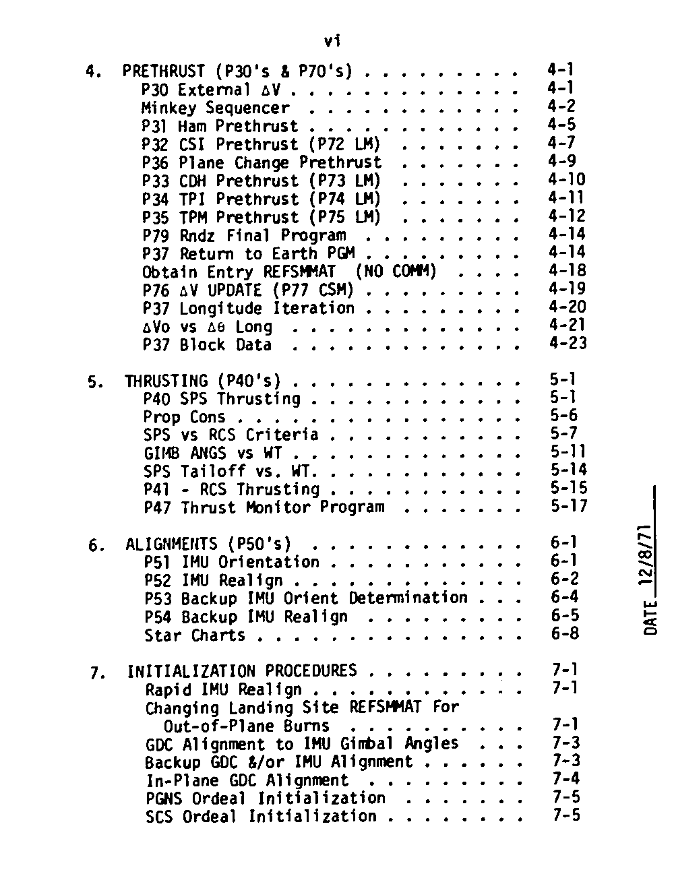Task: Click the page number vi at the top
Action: coord(332,42)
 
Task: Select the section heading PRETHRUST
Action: coord(163,71)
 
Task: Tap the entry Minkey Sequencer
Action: coord(215,108)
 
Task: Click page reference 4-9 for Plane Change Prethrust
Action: coord(562,162)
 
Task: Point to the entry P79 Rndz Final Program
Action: coord(244,235)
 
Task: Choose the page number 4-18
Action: coord(567,271)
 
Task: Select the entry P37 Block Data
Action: coord(207,345)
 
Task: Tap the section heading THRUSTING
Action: coord(166,381)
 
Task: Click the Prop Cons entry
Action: coord(184,417)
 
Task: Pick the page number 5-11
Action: coord(568,451)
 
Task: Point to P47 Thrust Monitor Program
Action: coord(264,507)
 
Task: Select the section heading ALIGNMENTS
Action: coord(171,544)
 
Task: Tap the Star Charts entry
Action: coord(195,635)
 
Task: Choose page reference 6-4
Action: coord(564,598)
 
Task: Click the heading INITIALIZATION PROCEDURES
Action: coord(242,671)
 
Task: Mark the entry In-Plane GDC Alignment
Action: coord(247,780)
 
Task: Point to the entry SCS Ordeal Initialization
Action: coord(261,817)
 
